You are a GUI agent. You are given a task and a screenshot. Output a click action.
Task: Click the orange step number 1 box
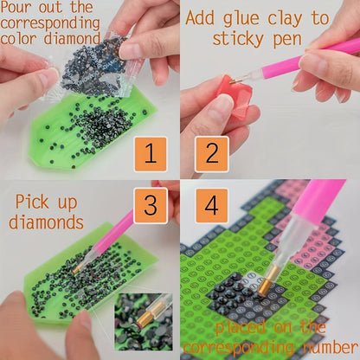tap(151, 154)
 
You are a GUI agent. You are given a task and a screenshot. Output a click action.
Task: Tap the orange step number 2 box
tap(212, 154)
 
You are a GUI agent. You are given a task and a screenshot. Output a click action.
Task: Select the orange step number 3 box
tap(151, 205)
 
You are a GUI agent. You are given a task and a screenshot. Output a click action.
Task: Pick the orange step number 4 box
tap(212, 206)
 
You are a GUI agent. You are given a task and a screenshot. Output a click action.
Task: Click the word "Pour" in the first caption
tap(16, 7)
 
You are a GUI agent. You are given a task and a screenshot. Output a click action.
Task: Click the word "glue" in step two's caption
tap(241, 19)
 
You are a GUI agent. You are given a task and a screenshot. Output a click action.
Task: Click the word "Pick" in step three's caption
tap(32, 202)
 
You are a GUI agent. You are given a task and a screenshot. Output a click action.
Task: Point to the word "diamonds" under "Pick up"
tap(46, 222)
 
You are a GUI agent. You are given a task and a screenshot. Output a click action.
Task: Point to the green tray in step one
tap(93, 130)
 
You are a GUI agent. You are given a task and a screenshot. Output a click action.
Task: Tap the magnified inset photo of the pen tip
tap(144, 322)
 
